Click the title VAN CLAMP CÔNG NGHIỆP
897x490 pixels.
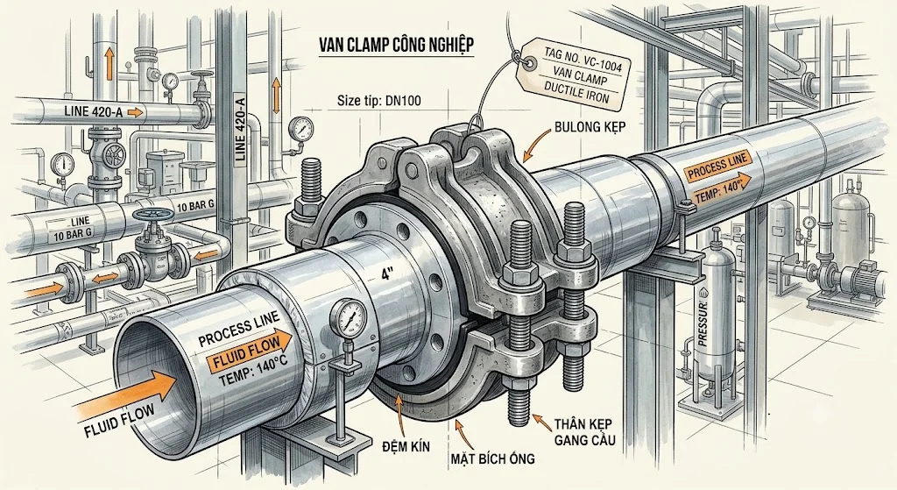[x=395, y=46]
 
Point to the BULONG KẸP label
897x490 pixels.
[x=590, y=126]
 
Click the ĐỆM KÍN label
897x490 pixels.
[x=406, y=446]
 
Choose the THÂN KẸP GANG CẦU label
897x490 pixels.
[x=583, y=432]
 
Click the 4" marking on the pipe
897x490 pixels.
[x=389, y=273]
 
